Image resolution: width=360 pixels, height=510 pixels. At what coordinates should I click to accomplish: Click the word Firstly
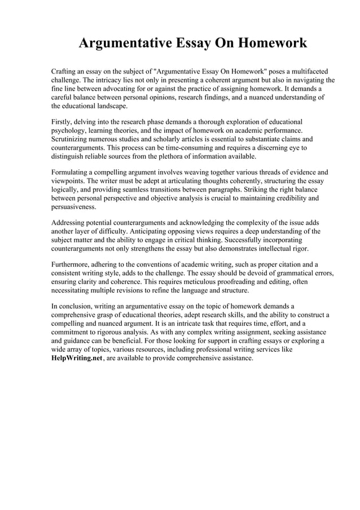click(x=63, y=121)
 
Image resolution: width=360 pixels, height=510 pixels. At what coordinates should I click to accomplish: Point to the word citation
click(x=287, y=264)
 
